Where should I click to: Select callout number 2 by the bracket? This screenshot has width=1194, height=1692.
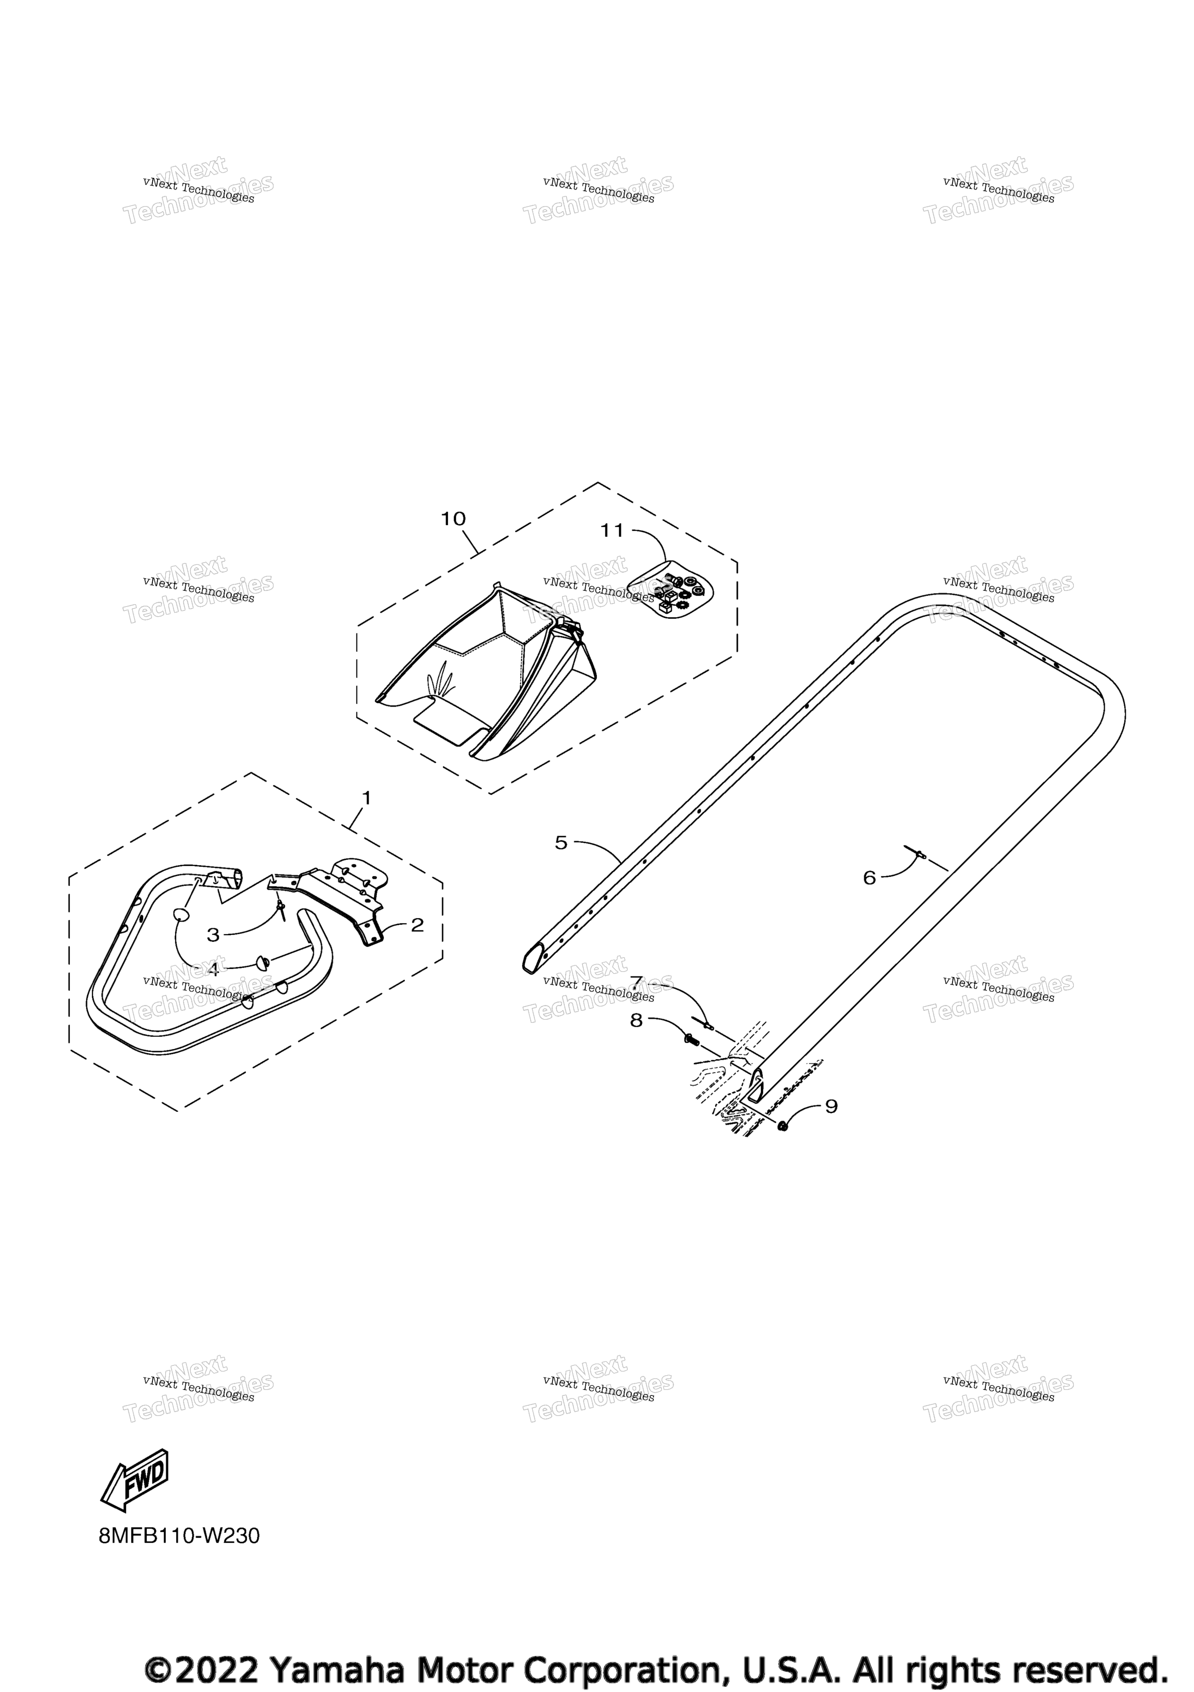click(417, 925)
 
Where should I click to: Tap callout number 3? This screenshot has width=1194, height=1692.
click(213, 935)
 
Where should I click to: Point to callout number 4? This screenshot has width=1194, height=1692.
click(213, 970)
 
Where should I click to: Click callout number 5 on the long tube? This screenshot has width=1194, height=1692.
click(561, 843)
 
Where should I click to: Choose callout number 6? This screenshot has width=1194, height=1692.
click(869, 878)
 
